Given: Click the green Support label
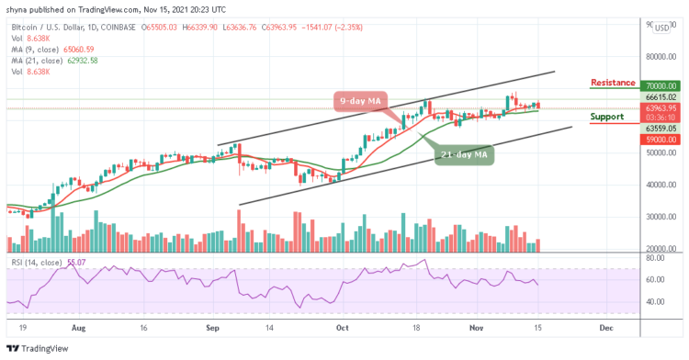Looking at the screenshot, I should coord(608,118).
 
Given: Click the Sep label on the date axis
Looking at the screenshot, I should coord(212,326).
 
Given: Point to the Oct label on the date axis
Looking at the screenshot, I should coord(343,326).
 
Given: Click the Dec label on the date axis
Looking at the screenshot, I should coord(605,326).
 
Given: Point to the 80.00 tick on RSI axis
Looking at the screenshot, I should coord(653,261).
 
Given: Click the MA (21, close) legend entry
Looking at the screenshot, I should coord(55,60).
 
